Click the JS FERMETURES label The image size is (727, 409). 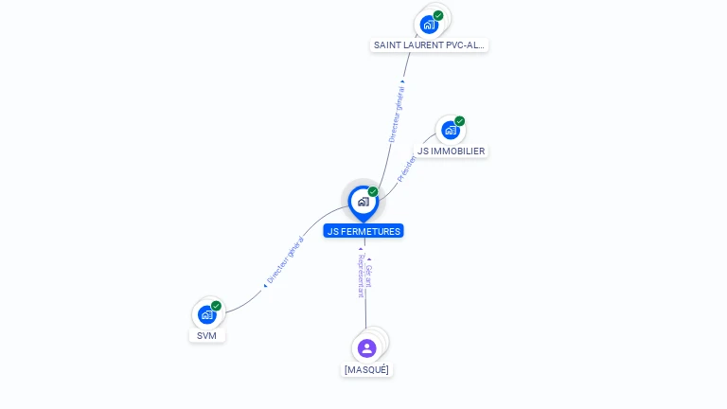point(363,231)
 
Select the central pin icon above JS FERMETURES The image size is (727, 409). point(363,201)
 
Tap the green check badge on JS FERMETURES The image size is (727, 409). point(373,192)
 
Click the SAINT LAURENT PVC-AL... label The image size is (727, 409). point(430,44)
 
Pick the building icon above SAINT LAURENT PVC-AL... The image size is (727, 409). point(429,24)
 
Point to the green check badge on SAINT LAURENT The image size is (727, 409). point(438,15)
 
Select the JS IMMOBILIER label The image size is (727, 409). point(452,151)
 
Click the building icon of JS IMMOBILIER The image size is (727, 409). point(450,130)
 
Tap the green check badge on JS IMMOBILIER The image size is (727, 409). point(459,121)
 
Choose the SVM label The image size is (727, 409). point(207,335)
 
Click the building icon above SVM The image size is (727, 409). point(206,314)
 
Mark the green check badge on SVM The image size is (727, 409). point(216,306)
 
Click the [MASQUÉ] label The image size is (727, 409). point(366,369)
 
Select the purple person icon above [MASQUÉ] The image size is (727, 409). point(366,347)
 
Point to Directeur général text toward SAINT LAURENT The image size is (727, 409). point(397,115)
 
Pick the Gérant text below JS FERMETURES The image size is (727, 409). point(369,276)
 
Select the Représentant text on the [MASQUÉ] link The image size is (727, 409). point(361,276)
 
